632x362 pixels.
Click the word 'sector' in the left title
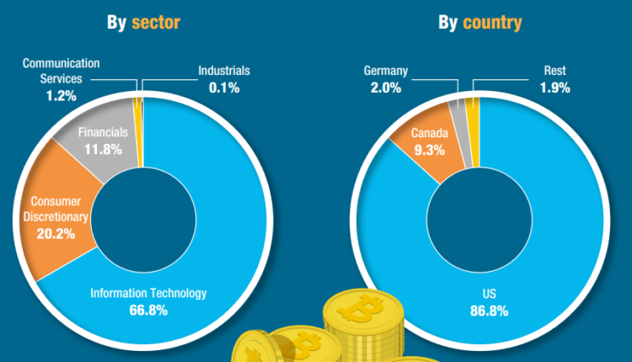pos(155,23)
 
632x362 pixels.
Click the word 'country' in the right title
pos(493,23)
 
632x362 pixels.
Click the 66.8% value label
pos(147,311)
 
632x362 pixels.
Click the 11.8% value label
pos(103,149)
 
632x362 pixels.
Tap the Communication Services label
pos(61,70)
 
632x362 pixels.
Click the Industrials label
pos(224,71)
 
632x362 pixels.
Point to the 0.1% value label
pos(224,87)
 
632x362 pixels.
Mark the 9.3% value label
pos(429,150)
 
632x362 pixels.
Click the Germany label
pos(386,70)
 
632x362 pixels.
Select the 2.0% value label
pos(386,87)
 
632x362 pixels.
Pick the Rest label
pos(554,71)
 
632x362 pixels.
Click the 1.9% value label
pos(554,87)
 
